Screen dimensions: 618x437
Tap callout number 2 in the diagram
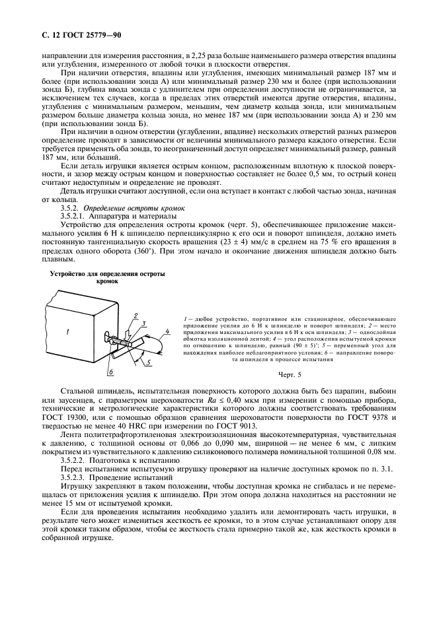click(134, 315)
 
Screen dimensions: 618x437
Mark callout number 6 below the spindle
click(110, 372)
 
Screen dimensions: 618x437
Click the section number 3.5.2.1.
click(75, 215)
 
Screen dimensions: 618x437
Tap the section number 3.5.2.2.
click(75, 459)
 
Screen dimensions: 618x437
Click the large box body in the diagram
click(79, 330)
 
